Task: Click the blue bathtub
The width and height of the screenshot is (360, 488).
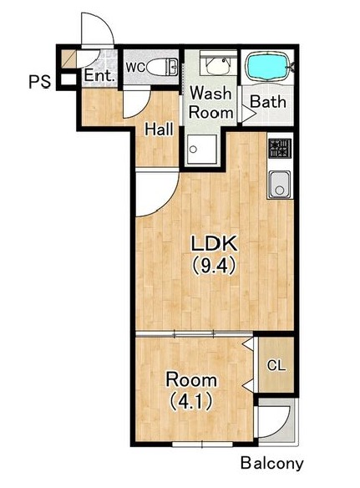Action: [x=268, y=67]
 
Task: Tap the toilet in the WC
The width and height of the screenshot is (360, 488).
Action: [x=161, y=67]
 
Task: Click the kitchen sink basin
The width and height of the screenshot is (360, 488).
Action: [x=280, y=185]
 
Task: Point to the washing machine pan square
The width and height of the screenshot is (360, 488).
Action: [x=201, y=150]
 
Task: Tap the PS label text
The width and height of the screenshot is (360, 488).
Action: [x=39, y=82]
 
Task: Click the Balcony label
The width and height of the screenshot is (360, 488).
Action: [x=271, y=464]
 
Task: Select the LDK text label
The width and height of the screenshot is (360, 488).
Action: [x=214, y=244]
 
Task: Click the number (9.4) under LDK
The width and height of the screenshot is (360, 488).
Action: [x=213, y=267]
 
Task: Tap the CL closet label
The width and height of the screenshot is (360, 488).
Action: [x=276, y=365]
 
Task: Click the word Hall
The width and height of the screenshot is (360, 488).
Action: [x=160, y=130]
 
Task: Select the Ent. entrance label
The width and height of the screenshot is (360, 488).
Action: [x=99, y=76]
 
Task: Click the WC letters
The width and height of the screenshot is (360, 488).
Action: [x=135, y=67]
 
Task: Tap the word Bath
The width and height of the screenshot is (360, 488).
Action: [x=268, y=102]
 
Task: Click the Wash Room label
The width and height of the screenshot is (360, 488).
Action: [x=211, y=103]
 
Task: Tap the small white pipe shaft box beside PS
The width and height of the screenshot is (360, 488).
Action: [x=68, y=79]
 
